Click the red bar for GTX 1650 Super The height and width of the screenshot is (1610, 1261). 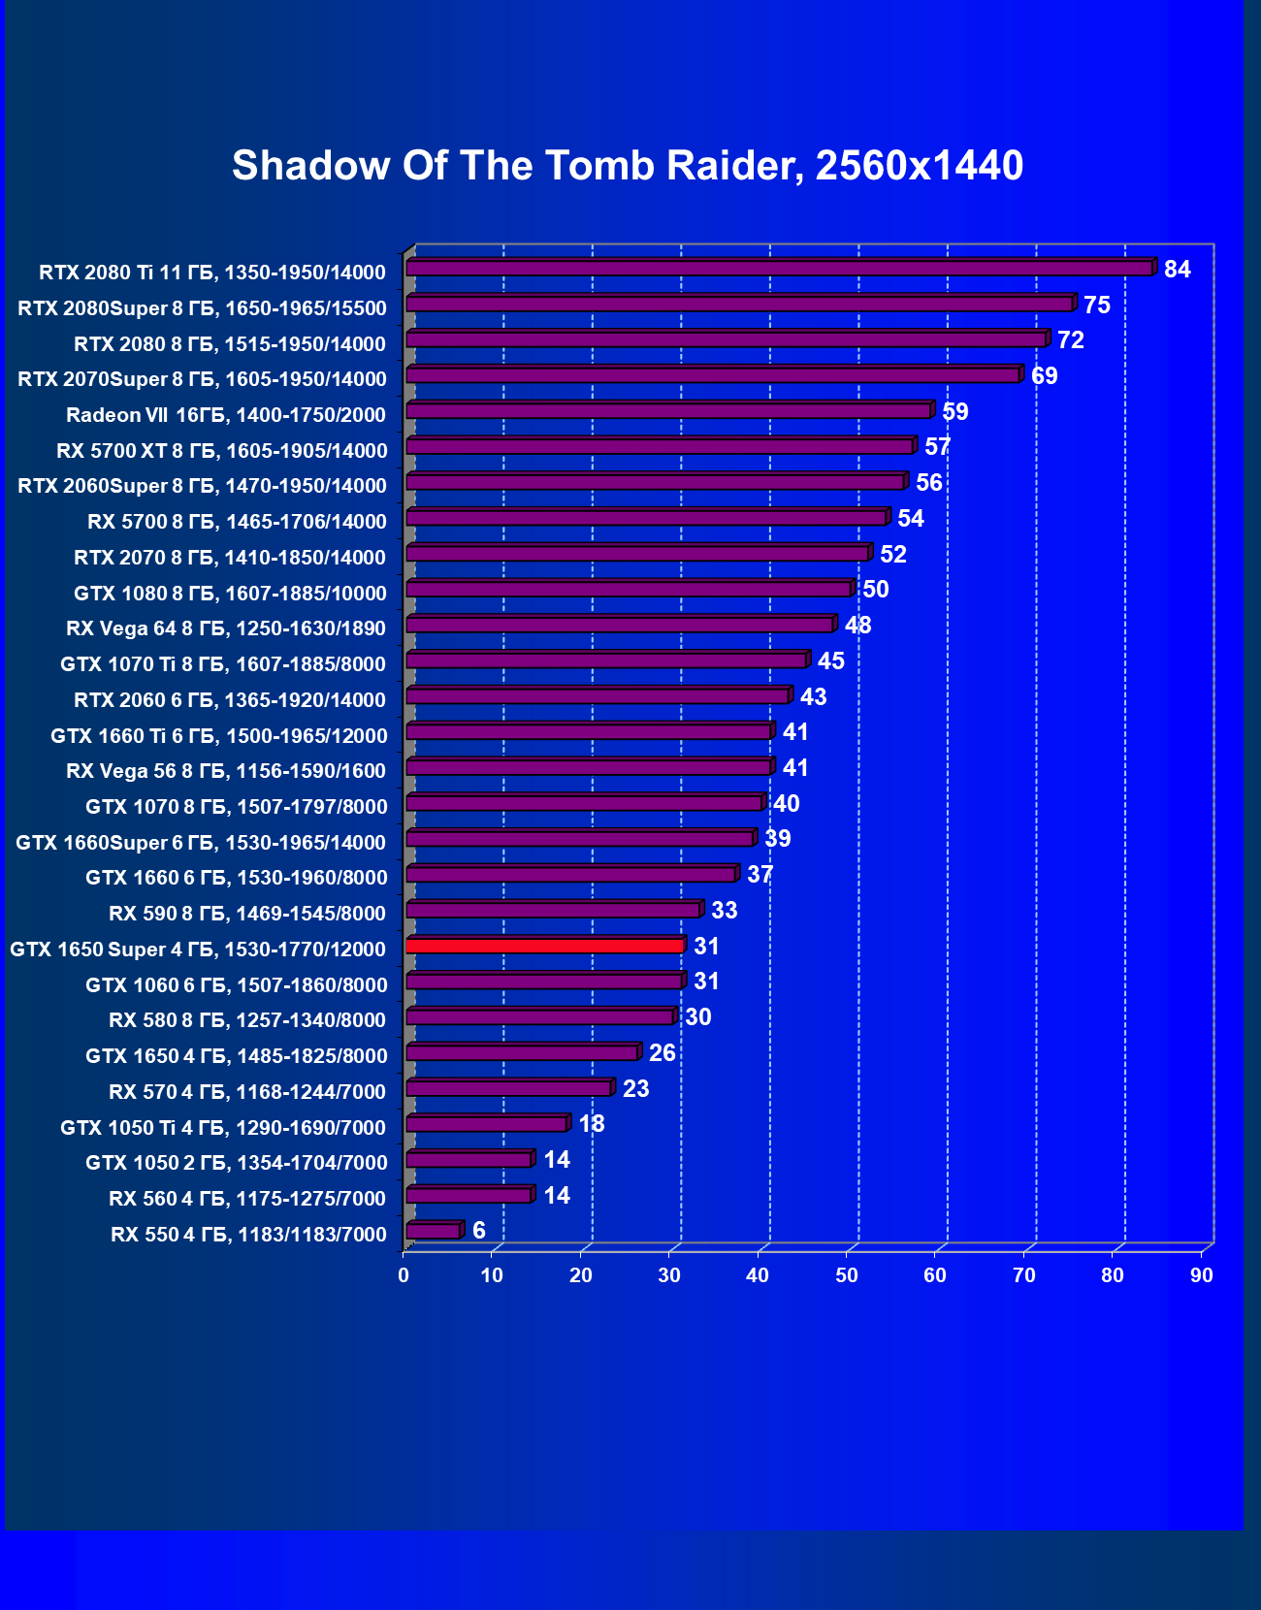coord(545,946)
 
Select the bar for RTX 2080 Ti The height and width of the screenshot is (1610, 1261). coord(779,269)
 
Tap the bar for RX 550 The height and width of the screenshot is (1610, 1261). coord(433,1231)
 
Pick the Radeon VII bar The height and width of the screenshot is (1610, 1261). coord(668,411)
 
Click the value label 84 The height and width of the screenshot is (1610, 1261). coord(1177,270)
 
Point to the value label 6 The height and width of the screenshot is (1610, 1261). coord(478,1231)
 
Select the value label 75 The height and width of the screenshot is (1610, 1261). coord(1096,306)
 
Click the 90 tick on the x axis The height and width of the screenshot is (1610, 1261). coord(1202,1275)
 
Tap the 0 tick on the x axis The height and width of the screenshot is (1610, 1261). coord(404,1275)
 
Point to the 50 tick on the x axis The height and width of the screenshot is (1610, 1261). coord(847,1275)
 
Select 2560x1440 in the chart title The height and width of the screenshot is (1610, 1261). coord(919,166)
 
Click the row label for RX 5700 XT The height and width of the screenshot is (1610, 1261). coord(221,451)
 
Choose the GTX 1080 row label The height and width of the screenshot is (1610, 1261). coord(230,594)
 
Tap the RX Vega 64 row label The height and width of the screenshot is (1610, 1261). coord(226,628)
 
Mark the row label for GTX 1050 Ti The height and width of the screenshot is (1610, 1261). coord(223,1128)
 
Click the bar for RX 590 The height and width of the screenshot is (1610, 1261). coord(553,910)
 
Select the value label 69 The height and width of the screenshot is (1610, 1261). coord(1044,376)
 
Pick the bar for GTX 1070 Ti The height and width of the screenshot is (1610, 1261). coord(606,660)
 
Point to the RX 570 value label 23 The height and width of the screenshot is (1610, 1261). coord(635,1089)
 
